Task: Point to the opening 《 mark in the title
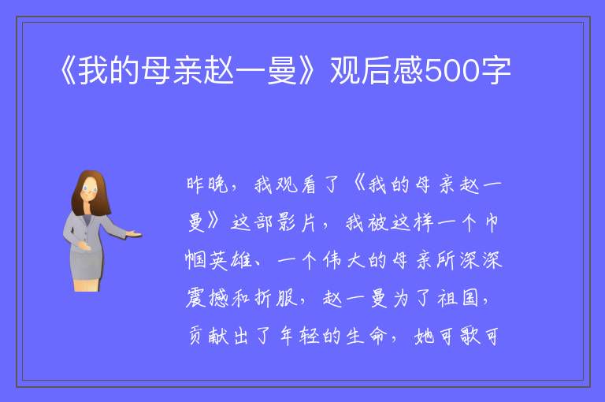[69, 71]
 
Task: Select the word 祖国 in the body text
[458, 298]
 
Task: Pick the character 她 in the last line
[425, 336]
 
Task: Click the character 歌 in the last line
[470, 336]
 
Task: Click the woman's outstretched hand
[134, 233]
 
